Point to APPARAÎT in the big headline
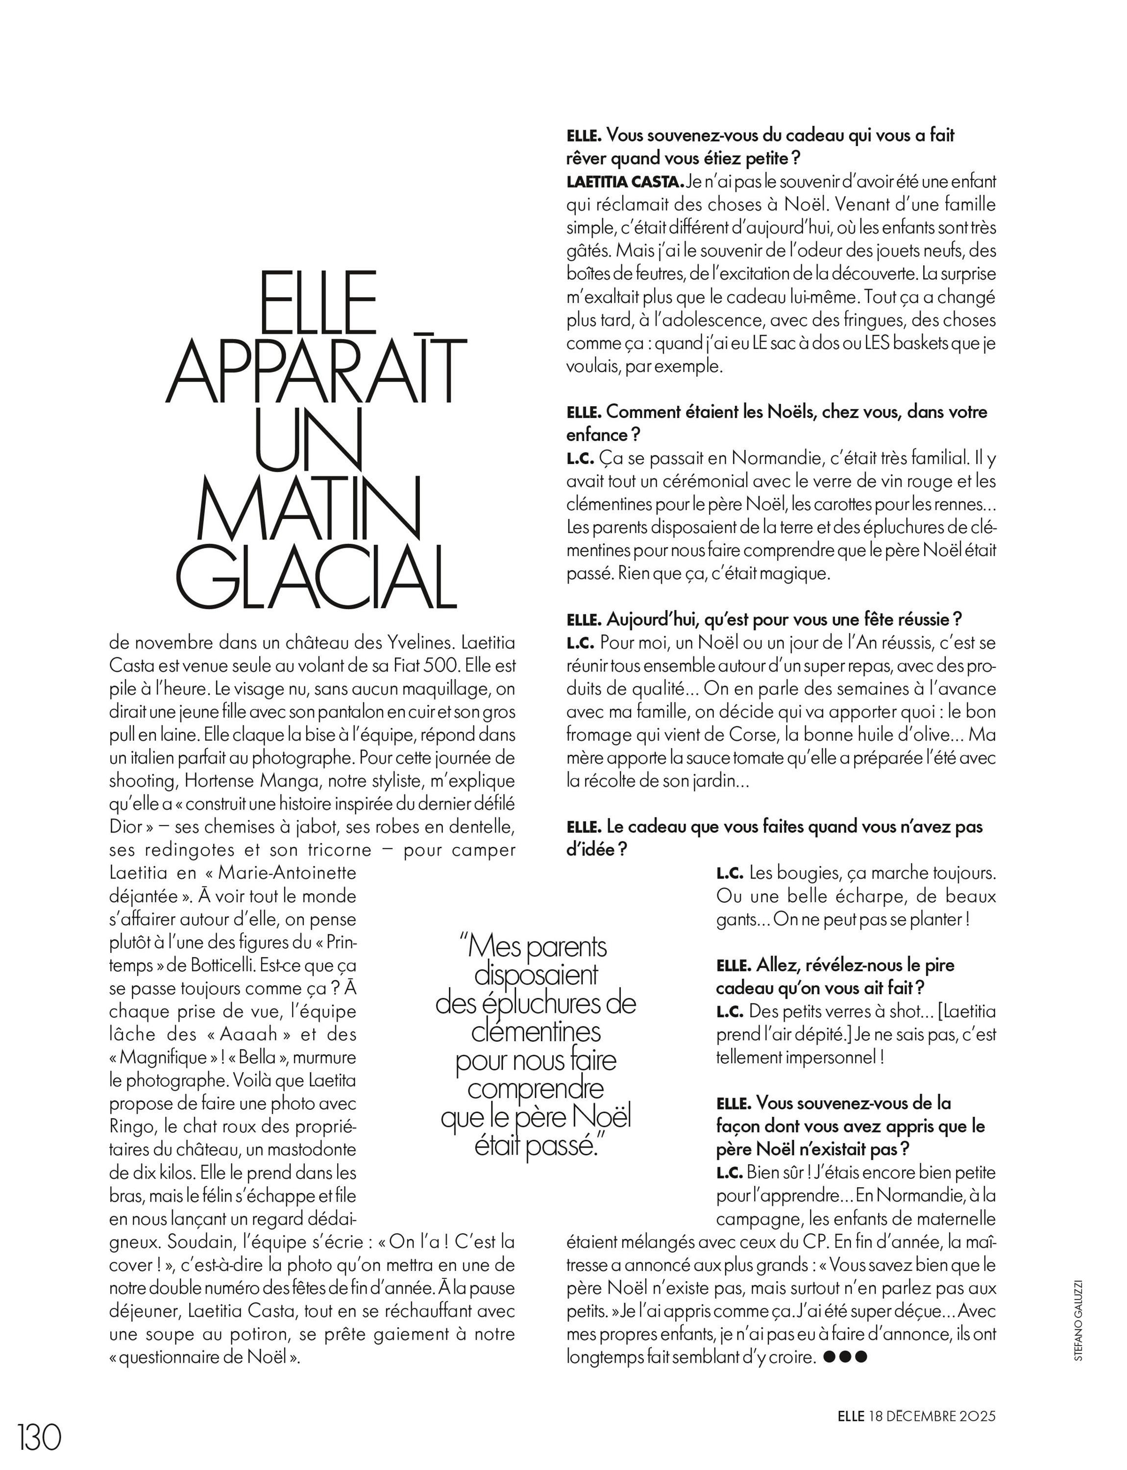[315, 371]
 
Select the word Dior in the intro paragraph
[126, 827]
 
